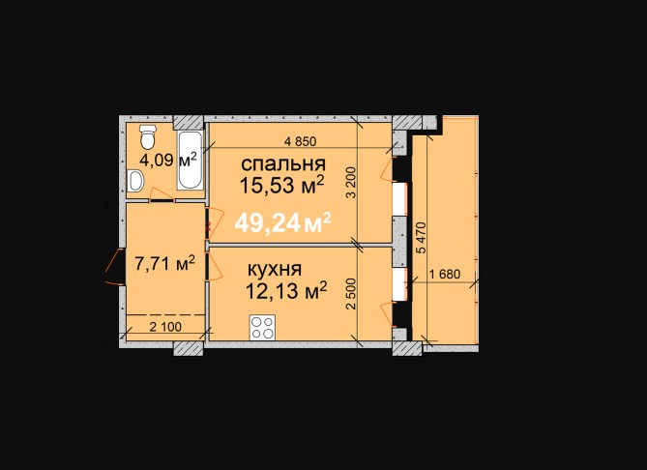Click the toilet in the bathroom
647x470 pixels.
147,137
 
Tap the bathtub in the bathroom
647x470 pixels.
191,161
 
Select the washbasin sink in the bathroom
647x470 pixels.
135,181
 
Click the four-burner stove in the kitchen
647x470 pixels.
262,327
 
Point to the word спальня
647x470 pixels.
283,164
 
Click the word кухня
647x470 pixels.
275,270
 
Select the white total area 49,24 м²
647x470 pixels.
282,223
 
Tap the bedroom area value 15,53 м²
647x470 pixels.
281,186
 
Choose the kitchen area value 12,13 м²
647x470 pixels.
286,291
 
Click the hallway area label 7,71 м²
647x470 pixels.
165,263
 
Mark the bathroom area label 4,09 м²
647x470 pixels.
168,160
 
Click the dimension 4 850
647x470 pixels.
301,141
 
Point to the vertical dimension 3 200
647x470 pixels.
351,182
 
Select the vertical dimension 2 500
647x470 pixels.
351,294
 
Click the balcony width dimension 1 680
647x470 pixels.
445,274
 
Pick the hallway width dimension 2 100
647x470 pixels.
165,327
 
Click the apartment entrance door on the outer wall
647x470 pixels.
114,266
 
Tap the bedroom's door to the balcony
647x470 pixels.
388,170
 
